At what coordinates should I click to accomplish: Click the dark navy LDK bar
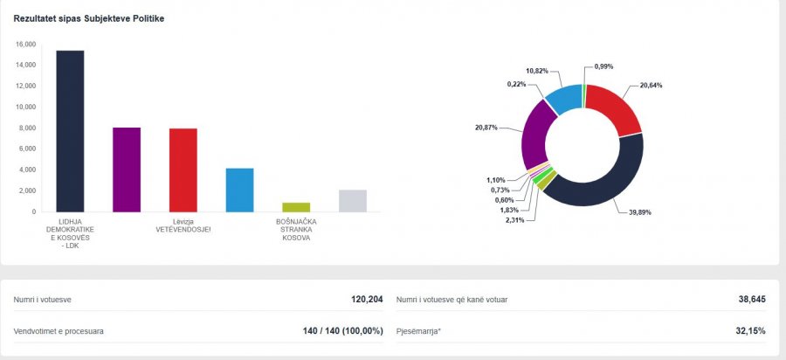[x=70, y=131]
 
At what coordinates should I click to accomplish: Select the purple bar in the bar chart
[x=127, y=170]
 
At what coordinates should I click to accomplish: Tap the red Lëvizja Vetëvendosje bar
[x=183, y=170]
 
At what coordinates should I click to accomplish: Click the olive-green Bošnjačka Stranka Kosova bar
[x=295, y=207]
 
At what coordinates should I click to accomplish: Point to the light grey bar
[x=352, y=201]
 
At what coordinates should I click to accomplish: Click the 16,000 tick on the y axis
[x=25, y=45]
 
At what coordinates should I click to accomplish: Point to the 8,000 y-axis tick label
[x=27, y=128]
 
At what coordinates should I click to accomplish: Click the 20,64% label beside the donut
[x=652, y=85]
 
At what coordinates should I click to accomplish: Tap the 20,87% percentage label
[x=487, y=128]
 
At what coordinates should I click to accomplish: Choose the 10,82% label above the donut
[x=538, y=70]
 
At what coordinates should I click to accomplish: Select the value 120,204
[x=367, y=300]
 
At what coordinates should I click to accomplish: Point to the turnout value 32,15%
[x=750, y=331]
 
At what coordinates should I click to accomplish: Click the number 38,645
[x=751, y=300]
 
